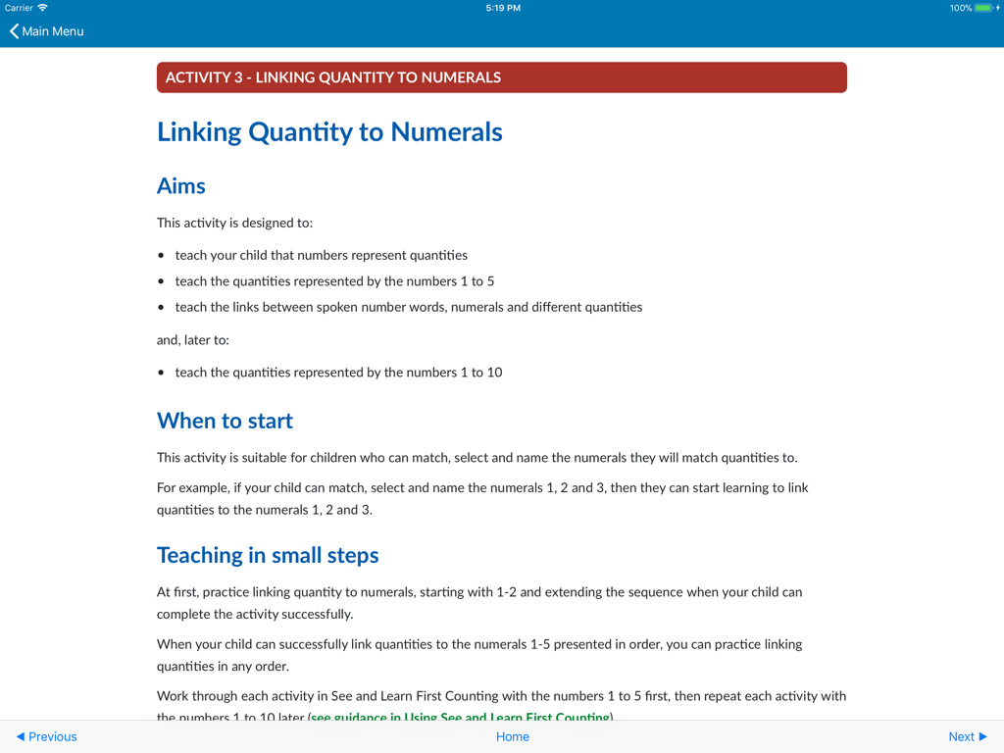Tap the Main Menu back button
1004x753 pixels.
click(x=47, y=31)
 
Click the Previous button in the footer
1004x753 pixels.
click(x=46, y=736)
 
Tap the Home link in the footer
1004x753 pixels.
click(x=512, y=736)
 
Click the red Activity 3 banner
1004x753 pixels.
click(x=501, y=77)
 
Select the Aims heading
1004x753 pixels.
click(x=181, y=186)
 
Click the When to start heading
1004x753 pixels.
click(x=225, y=421)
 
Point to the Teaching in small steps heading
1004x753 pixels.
click(x=268, y=555)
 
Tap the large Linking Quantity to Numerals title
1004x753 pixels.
click(x=329, y=132)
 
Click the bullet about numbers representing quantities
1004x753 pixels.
click(x=321, y=255)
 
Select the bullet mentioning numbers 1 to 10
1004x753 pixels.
click(x=338, y=373)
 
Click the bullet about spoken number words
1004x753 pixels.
click(x=408, y=307)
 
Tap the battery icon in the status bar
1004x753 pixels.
click(x=983, y=8)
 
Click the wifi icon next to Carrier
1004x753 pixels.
click(x=42, y=8)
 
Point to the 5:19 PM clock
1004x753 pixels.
click(x=502, y=8)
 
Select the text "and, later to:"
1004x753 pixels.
click(x=192, y=340)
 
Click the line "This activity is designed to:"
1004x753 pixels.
click(x=234, y=223)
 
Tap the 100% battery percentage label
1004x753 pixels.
click(x=960, y=8)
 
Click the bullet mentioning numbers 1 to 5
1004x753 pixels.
click(x=334, y=281)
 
